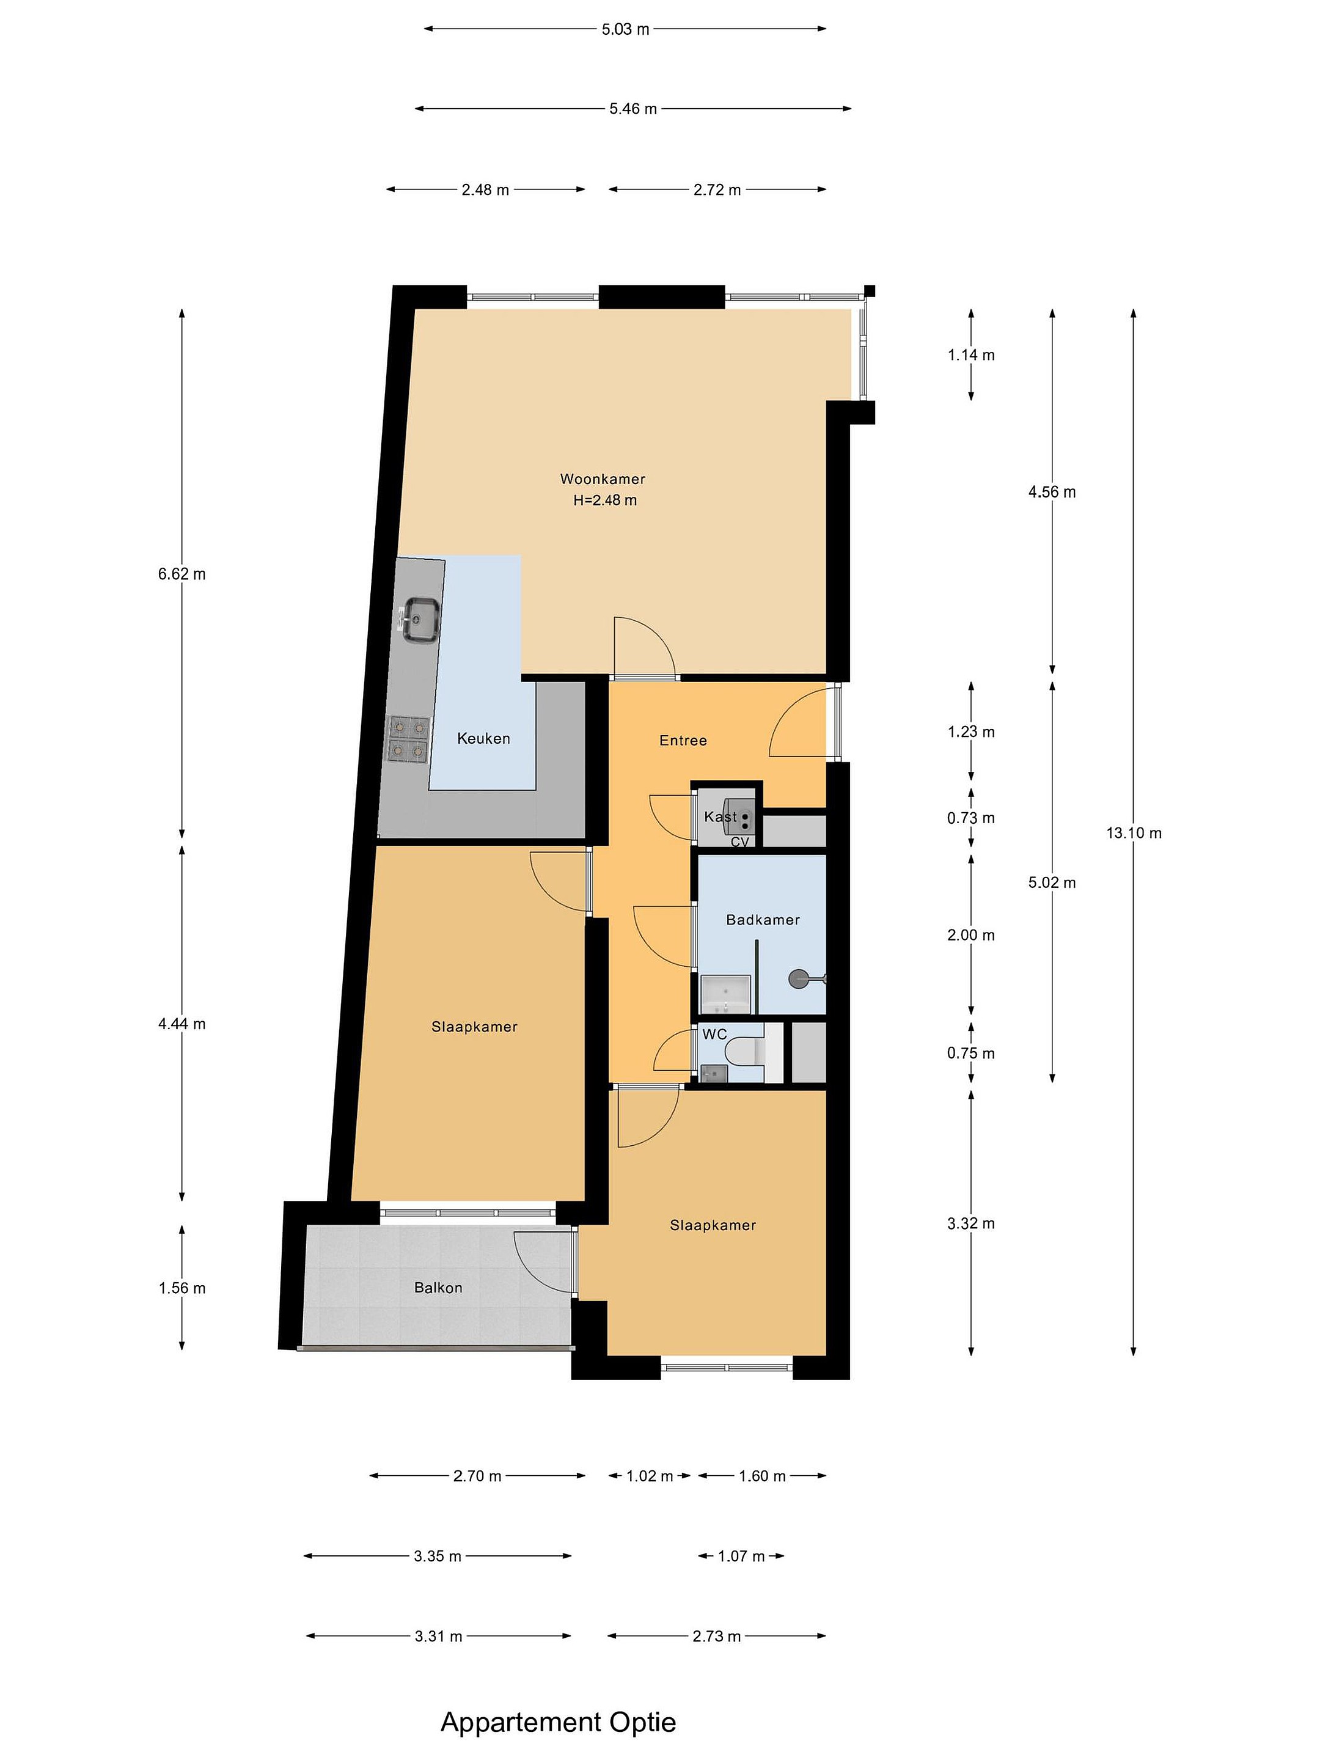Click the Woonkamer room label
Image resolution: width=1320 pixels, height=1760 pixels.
603,479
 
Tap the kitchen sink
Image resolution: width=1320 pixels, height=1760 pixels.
420,620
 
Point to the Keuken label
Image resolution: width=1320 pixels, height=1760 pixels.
483,738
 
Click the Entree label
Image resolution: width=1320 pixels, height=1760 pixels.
683,741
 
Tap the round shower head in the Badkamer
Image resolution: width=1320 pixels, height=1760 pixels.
798,978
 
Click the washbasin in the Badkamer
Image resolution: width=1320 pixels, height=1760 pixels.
725,994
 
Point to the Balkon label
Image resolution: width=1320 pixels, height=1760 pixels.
438,1288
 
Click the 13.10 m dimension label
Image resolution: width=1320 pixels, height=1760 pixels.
1133,833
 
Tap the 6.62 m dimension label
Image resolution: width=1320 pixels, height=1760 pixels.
182,574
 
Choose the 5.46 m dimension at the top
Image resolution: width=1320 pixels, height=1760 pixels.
633,109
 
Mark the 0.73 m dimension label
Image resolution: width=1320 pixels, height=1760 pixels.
970,818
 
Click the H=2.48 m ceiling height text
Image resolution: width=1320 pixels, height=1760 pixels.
605,501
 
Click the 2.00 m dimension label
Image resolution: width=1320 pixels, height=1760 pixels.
970,935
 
